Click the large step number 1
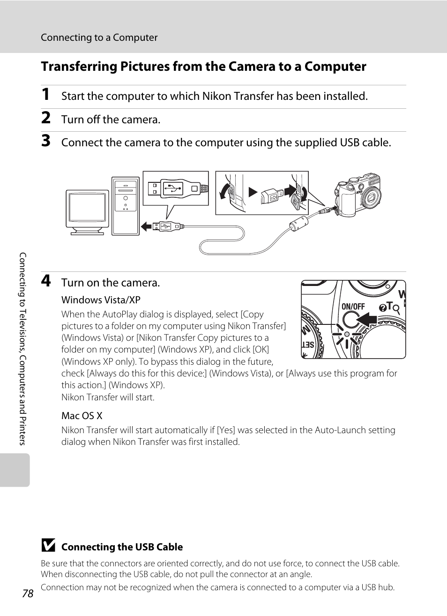point(45,95)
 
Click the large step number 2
point(45,118)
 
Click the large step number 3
point(45,141)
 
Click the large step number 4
point(45,281)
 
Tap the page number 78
point(28,593)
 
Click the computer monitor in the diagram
point(87,210)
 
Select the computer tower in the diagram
point(126,206)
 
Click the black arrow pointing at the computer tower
point(146,226)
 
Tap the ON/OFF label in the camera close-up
point(353,307)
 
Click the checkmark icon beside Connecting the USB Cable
point(48,546)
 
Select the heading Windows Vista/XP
point(101,300)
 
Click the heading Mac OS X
point(82,416)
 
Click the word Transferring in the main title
point(79,67)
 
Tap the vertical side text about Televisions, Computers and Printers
point(22,349)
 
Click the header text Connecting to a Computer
point(99,38)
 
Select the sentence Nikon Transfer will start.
point(108,397)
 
